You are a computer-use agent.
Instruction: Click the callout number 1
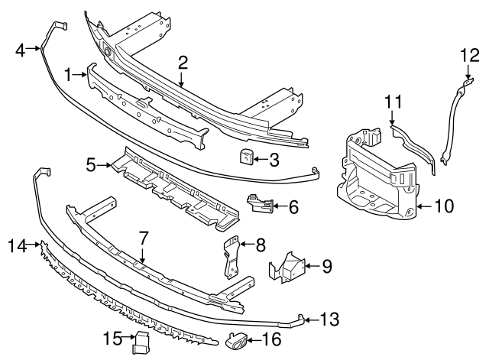click(68, 75)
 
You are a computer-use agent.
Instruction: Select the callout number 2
click(183, 63)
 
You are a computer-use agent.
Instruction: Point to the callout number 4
click(21, 50)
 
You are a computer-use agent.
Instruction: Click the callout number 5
click(91, 164)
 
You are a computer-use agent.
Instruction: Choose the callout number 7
click(142, 239)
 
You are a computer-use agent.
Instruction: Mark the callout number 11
click(392, 101)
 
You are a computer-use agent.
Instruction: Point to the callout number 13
click(329, 319)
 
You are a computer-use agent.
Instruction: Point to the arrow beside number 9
click(310, 266)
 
